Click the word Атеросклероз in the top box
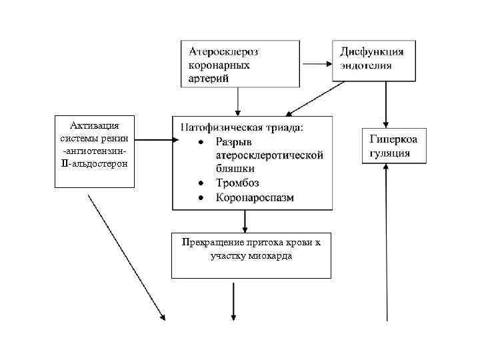point(223,51)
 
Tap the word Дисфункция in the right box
point(371,52)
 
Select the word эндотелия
point(366,65)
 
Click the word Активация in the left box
point(94,125)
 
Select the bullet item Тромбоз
point(237,183)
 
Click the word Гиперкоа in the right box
point(393,139)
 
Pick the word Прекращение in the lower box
point(209,242)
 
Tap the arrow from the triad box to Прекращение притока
point(245,220)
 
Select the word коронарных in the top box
point(219,65)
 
